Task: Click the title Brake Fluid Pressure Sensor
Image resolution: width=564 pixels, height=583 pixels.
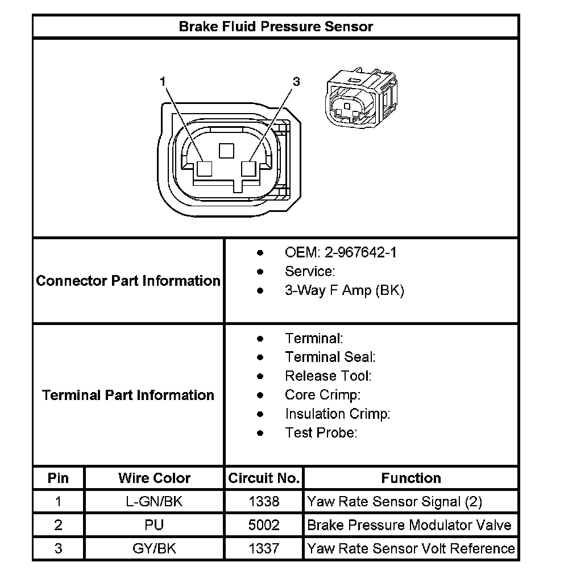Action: (x=276, y=26)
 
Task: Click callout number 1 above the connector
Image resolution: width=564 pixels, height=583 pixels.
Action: (x=163, y=82)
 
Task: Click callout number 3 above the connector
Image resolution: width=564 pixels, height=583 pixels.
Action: (x=296, y=82)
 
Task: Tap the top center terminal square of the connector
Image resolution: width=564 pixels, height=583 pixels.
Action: (x=226, y=150)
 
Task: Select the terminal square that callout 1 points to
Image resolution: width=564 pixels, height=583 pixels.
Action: (x=204, y=169)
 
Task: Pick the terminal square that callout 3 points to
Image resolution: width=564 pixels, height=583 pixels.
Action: (x=249, y=169)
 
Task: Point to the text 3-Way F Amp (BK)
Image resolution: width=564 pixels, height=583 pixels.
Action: (x=344, y=290)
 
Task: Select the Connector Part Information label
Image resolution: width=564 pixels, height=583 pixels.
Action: (x=128, y=281)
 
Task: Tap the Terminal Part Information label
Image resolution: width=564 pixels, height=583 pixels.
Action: (x=128, y=395)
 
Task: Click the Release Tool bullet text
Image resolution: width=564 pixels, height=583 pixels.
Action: (x=328, y=376)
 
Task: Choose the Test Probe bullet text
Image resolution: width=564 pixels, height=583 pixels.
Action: (x=321, y=433)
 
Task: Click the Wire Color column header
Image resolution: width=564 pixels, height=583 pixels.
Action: (x=154, y=478)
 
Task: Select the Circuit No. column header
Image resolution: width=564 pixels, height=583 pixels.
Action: (x=264, y=478)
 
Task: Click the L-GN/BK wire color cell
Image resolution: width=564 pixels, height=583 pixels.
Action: (x=154, y=501)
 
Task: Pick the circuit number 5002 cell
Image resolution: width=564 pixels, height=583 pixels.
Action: (x=264, y=525)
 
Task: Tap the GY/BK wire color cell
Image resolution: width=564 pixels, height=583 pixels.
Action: (x=154, y=548)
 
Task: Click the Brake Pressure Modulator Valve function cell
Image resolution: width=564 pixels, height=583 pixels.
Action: (x=409, y=525)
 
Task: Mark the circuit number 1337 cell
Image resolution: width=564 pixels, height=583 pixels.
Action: (x=264, y=548)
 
